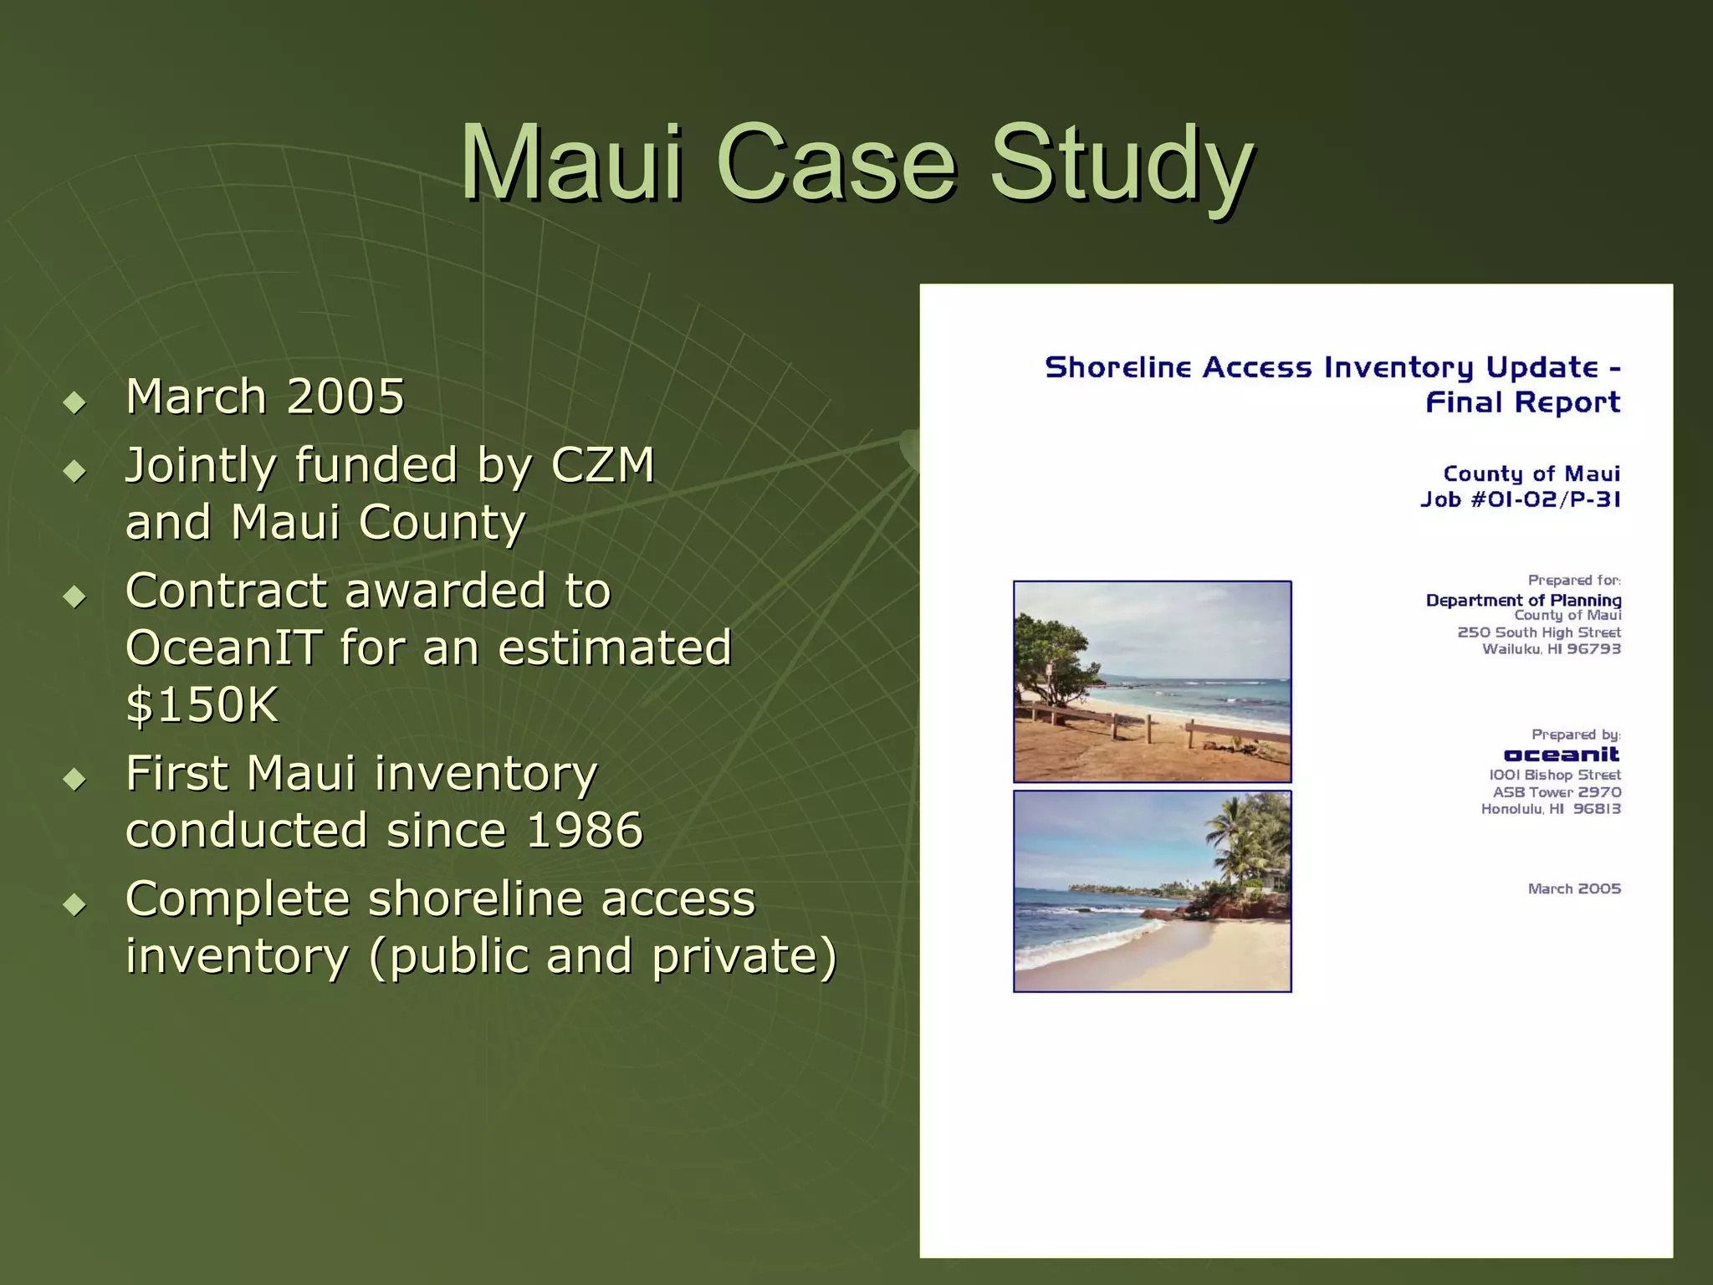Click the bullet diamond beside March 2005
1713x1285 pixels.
75,402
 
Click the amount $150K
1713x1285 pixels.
202,704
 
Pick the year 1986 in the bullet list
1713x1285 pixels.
585,830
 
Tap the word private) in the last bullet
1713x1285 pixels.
744,956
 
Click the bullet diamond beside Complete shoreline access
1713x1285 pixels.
75,904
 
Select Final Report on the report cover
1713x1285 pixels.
1522,403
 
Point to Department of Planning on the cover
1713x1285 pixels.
1523,600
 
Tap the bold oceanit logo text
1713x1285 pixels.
1561,755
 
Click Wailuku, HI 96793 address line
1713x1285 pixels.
1552,649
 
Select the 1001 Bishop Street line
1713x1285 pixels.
1555,776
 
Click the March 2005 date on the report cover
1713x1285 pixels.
1574,888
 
